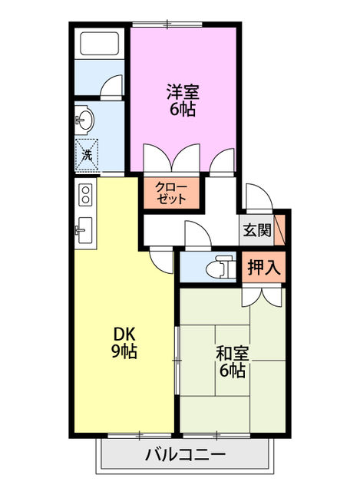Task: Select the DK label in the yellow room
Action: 125,334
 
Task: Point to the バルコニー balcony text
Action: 185,455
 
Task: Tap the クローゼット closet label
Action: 171,192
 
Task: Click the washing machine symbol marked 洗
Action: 87,154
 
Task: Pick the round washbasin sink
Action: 84,119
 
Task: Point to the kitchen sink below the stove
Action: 84,229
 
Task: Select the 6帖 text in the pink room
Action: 183,109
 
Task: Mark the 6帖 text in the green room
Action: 231,371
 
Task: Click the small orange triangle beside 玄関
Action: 281,228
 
